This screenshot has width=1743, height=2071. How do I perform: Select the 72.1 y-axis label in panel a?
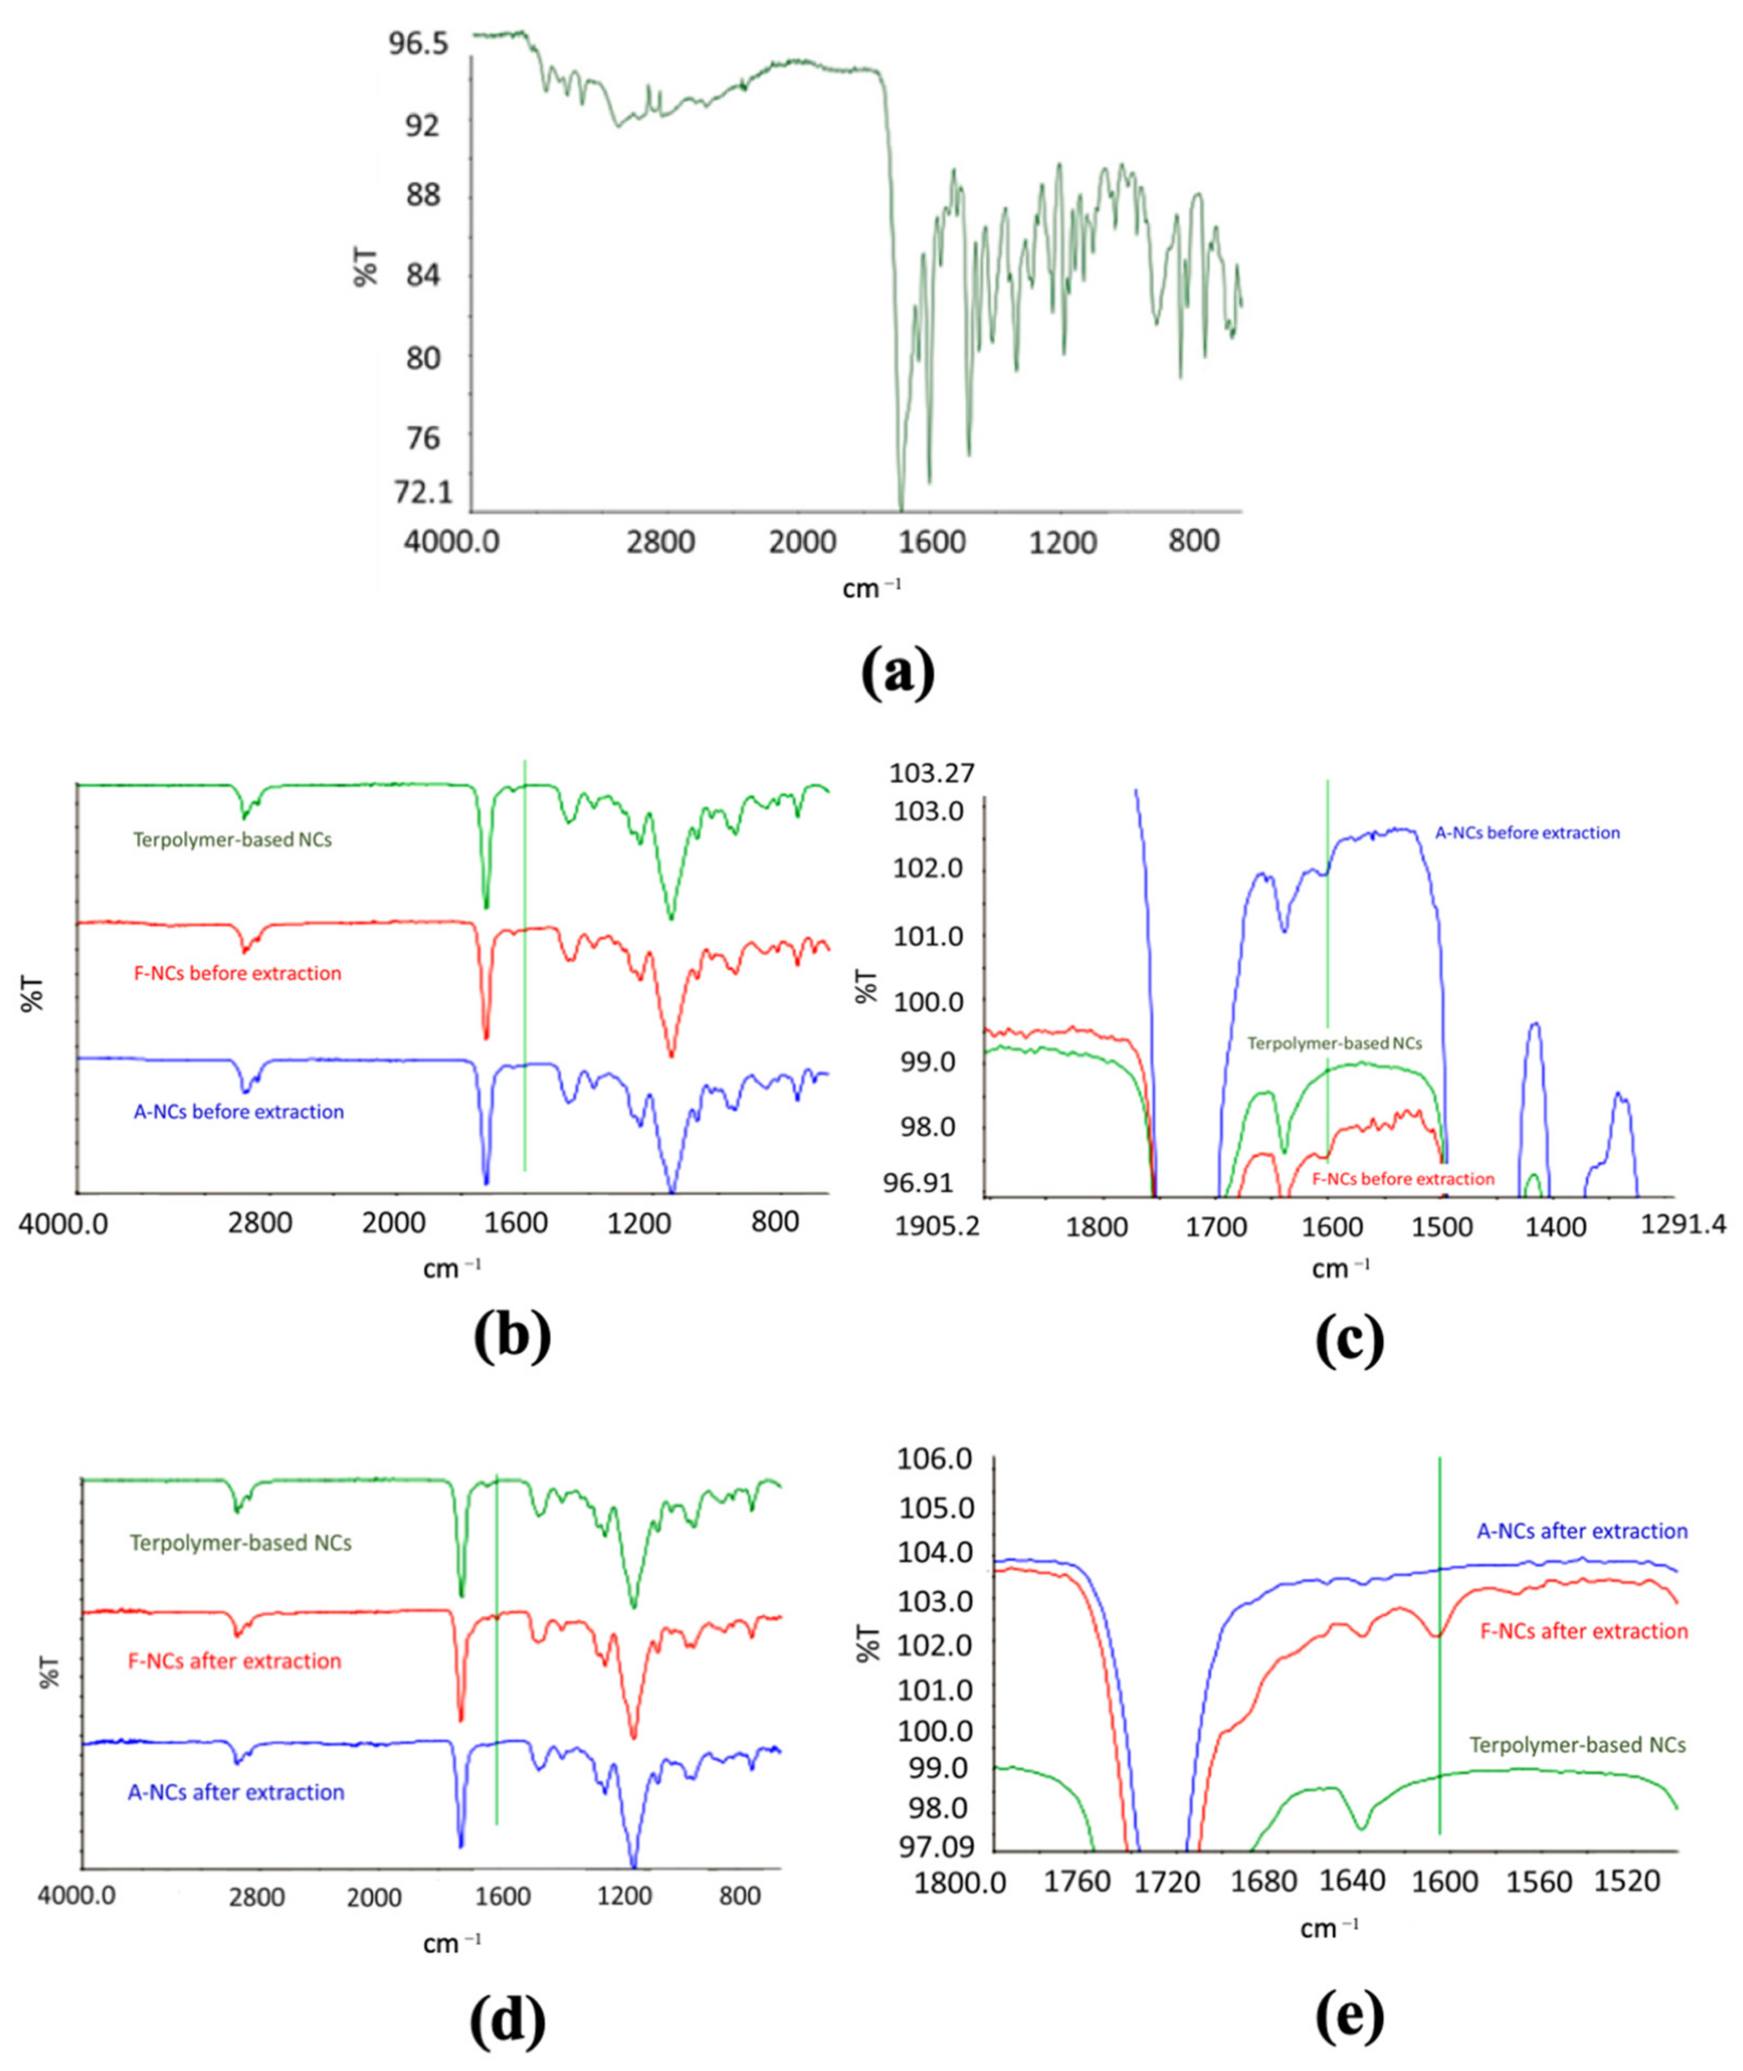click(423, 491)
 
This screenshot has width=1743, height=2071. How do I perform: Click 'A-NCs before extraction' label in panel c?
click(1527, 833)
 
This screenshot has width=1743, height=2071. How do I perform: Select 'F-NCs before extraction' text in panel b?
click(237, 973)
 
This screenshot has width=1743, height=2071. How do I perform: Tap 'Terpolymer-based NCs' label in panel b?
click(232, 841)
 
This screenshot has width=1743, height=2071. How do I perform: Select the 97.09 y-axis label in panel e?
click(933, 1846)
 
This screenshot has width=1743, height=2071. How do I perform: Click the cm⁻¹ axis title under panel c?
click(1340, 1269)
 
